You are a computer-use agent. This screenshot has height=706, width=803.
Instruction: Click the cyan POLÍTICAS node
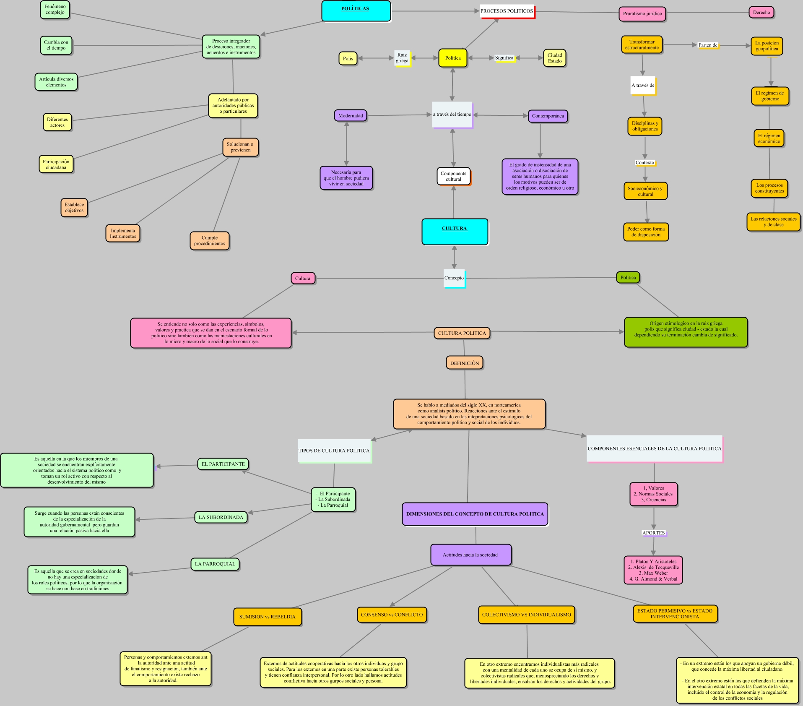click(x=356, y=10)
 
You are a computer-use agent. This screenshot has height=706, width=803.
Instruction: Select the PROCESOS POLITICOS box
click(x=507, y=11)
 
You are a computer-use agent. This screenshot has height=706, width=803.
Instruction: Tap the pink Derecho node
click(x=761, y=13)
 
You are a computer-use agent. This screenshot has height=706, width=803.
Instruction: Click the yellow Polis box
click(x=348, y=58)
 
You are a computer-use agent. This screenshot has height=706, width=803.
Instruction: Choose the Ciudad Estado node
click(x=554, y=58)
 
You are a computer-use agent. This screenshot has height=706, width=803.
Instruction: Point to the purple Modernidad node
click(x=351, y=116)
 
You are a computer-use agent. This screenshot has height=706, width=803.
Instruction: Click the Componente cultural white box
click(x=453, y=176)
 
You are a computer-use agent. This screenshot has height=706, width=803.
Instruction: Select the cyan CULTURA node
click(x=455, y=231)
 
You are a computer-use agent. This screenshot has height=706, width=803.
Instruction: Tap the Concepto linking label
click(x=454, y=278)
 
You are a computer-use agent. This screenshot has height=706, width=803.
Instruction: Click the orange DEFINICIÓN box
click(x=464, y=363)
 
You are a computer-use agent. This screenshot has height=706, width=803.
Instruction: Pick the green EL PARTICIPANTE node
click(x=223, y=464)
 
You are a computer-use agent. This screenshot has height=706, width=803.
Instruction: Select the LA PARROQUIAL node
click(x=215, y=564)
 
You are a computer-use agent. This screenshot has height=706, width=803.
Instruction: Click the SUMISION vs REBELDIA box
click(x=267, y=617)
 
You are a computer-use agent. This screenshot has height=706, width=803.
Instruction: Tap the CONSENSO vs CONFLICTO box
click(x=392, y=615)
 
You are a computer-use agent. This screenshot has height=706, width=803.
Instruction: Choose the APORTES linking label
click(x=653, y=533)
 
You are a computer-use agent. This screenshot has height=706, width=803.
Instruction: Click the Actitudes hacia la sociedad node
click(x=470, y=555)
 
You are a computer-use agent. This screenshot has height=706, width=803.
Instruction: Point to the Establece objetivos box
click(x=74, y=208)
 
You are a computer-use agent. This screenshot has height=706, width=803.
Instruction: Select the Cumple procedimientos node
click(x=209, y=241)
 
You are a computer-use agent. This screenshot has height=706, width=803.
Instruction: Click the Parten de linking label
click(x=708, y=45)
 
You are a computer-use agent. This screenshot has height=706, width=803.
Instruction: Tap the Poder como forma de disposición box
click(x=646, y=232)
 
